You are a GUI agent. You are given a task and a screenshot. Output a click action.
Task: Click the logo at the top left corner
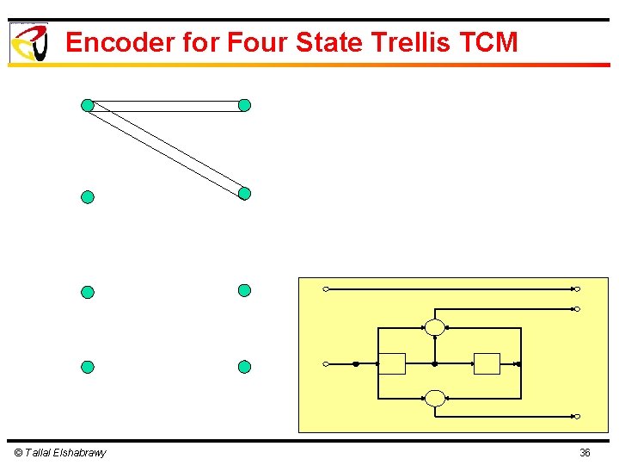28,42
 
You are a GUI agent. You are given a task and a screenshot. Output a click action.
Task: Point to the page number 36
585,453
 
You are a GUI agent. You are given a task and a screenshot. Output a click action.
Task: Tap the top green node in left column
87,105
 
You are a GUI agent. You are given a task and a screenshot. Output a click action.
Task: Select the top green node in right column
244,105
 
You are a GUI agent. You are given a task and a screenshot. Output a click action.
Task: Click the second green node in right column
244,194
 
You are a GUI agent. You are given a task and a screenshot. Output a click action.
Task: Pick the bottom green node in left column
87,367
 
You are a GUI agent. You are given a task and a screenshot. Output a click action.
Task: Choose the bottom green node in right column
244,367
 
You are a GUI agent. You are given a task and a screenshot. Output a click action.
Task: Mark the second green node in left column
87,197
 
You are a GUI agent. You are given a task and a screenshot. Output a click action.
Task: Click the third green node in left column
87,292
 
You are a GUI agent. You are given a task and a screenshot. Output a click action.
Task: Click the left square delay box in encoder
392,364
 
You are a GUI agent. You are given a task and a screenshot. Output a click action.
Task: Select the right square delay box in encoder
487,364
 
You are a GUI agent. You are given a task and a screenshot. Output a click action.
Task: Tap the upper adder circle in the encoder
435,327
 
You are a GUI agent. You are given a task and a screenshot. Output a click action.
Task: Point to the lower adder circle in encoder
435,398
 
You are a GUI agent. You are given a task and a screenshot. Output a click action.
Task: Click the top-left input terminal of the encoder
326,289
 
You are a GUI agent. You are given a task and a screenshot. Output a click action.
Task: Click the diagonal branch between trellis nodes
166,149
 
